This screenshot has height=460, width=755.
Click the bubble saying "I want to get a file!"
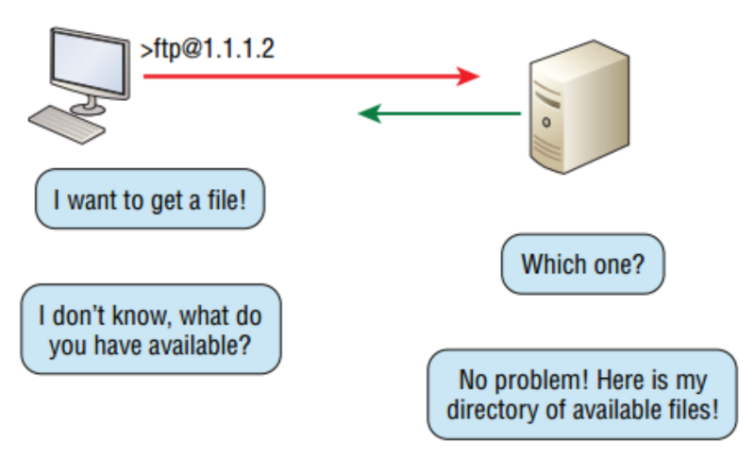[x=149, y=199]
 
